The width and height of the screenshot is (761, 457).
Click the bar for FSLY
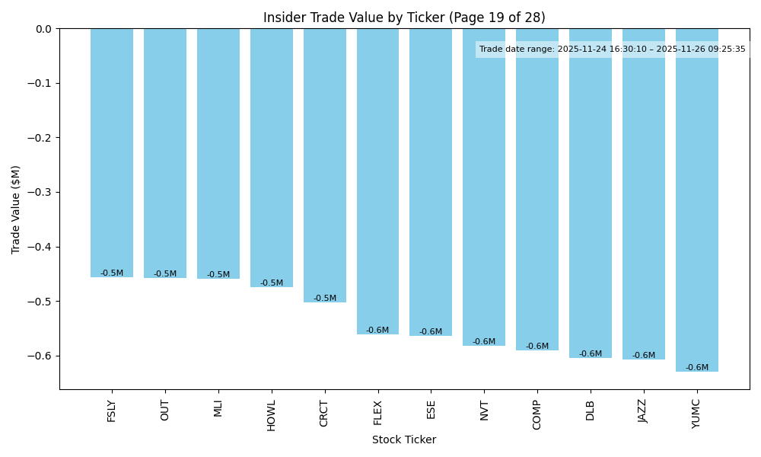coord(112,152)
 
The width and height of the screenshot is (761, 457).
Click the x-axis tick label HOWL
coord(272,415)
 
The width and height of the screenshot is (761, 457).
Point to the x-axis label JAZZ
coord(644,411)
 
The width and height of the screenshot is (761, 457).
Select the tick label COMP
coord(537,414)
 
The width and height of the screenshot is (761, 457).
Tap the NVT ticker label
coord(484,410)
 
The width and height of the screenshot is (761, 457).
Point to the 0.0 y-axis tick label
coord(44,29)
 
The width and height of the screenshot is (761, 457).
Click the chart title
coord(404,18)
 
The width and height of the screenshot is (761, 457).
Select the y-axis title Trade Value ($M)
coord(16,209)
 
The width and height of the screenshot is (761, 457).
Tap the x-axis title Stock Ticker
coord(404,439)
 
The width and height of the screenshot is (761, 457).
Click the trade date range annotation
coord(613,50)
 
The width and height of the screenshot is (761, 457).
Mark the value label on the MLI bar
coord(218,275)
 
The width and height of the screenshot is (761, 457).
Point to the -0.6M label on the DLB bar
coord(591,354)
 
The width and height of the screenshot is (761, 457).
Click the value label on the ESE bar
coord(431,332)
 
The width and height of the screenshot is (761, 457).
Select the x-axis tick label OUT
coord(165,410)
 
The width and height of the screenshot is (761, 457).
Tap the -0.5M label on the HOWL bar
coord(272,283)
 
